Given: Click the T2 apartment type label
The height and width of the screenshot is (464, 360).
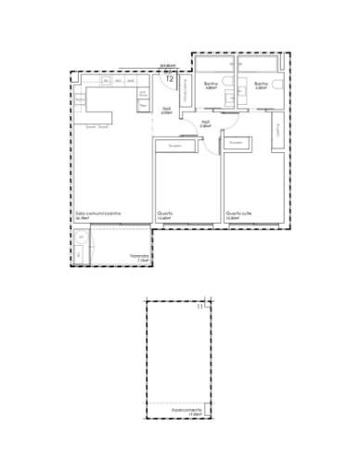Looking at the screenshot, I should (x=169, y=79).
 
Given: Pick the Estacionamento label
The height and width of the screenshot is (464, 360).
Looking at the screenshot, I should (x=188, y=409).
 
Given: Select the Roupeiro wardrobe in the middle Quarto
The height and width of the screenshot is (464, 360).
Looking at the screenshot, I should (x=174, y=147).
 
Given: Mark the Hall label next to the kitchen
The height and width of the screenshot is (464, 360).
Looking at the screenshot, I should (x=166, y=110).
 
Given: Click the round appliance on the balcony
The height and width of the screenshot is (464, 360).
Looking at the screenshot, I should (x=81, y=238).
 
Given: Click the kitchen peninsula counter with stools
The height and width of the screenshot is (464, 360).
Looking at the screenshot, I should (x=96, y=117).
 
